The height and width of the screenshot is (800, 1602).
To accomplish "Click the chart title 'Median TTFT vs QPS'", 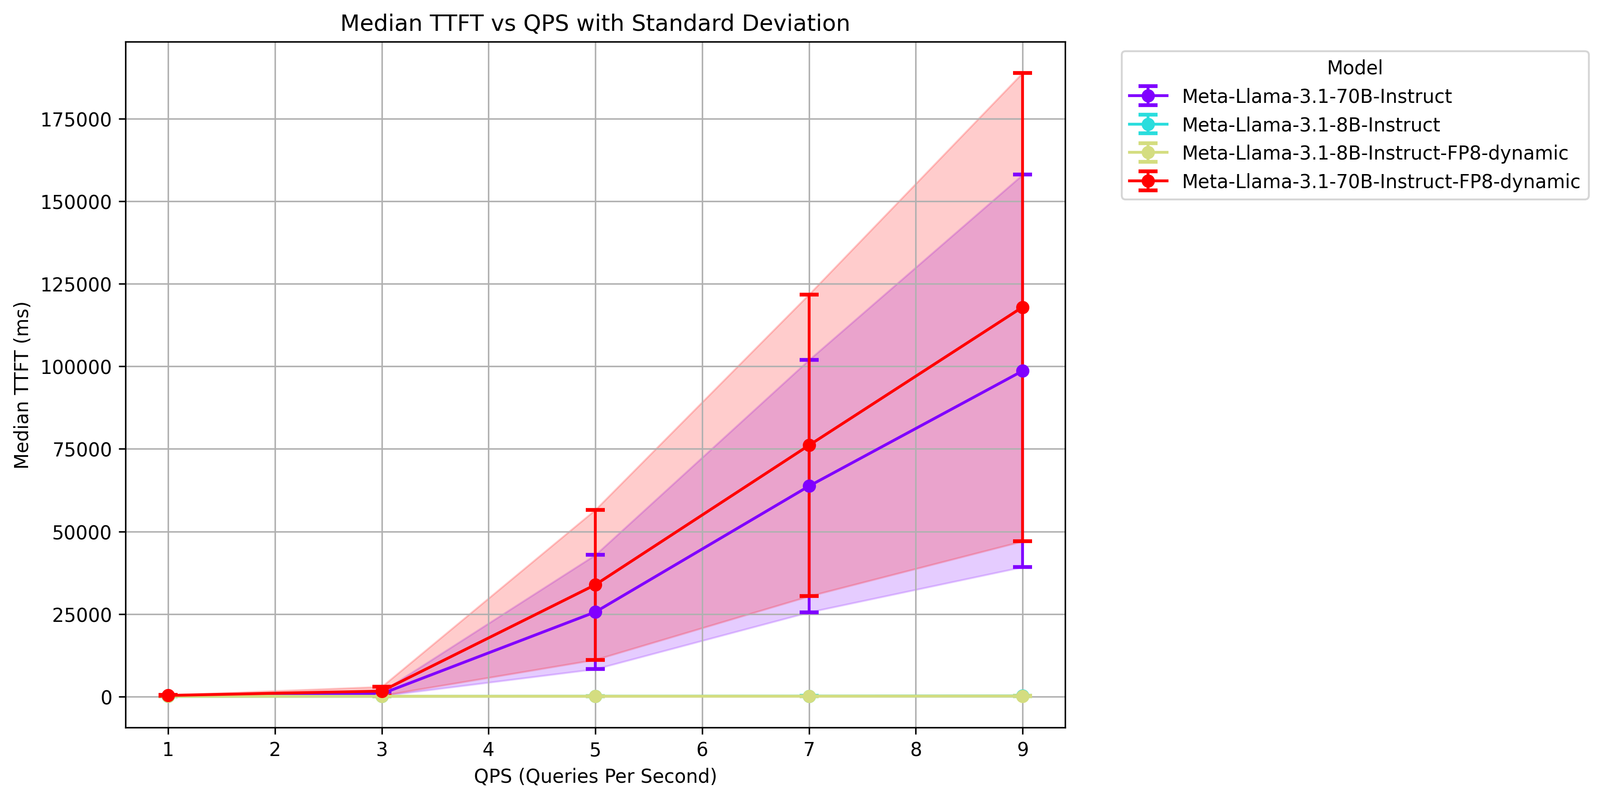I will tap(594, 23).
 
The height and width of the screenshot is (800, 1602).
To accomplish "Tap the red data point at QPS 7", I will tap(809, 446).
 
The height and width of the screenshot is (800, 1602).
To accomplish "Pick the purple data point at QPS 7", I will tap(809, 486).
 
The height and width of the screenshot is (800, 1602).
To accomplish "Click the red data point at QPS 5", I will tap(595, 585).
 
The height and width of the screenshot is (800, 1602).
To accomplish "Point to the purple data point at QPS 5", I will tap(595, 612).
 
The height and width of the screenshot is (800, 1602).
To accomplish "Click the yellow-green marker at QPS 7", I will tap(809, 696).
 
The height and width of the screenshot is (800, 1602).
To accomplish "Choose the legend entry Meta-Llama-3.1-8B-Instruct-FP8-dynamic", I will tap(1375, 153).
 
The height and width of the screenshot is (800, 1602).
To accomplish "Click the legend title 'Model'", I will tap(1355, 68).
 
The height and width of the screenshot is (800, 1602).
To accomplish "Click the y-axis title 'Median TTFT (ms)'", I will tap(22, 385).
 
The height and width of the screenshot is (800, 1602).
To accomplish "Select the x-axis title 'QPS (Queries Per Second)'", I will tap(595, 776).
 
